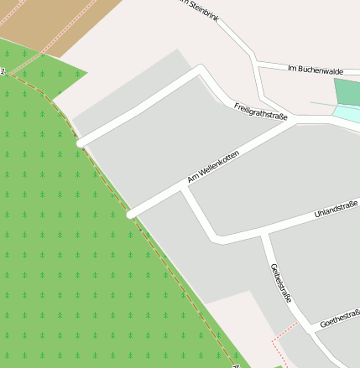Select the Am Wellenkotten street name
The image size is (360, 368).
coord(214,167)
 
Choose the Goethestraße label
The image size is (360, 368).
coord(340,317)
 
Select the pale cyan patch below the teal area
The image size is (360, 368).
coord(347,114)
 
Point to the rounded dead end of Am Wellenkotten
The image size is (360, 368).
coord(130,215)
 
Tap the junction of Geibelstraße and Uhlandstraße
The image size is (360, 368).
coord(263,232)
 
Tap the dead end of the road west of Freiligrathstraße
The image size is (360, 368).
coord(80,143)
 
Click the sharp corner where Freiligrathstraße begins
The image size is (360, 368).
coord(201,70)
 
